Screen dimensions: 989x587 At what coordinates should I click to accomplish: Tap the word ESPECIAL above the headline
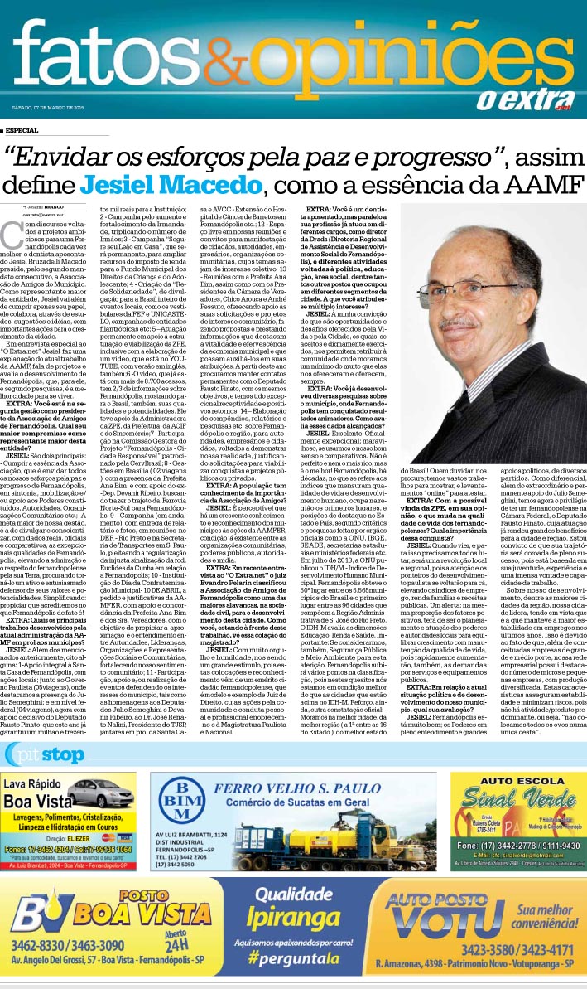(x=22, y=130)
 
